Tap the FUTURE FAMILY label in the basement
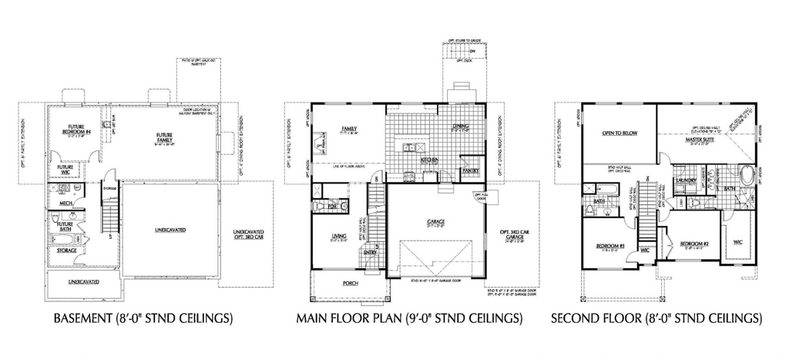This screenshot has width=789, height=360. pyautogui.click(x=164, y=139)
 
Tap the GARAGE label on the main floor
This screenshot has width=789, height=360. pyautogui.click(x=435, y=222)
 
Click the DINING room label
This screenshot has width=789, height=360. pyautogui.click(x=461, y=127)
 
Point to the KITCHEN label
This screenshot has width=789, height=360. pyautogui.click(x=430, y=160)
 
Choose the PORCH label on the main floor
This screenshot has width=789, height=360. pyautogui.click(x=348, y=283)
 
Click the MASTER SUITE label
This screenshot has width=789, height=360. pyautogui.click(x=700, y=141)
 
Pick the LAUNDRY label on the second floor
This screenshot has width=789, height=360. pyautogui.click(x=686, y=182)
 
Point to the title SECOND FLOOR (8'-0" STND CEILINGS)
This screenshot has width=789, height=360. pyautogui.click(x=656, y=317)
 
